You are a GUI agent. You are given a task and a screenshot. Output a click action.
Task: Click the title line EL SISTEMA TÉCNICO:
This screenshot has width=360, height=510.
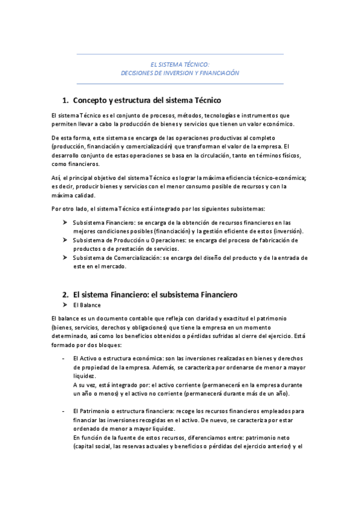pyautogui.click(x=180, y=63)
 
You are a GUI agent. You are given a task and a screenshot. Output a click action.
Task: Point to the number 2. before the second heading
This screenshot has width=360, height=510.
pyautogui.click(x=66, y=295)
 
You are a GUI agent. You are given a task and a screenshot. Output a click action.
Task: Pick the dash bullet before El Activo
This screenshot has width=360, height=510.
pyautogui.click(x=64, y=358)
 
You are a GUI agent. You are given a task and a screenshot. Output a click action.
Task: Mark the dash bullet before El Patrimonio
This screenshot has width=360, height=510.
pyautogui.click(x=64, y=411)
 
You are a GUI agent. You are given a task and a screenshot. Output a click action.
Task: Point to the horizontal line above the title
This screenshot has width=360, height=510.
pyautogui.click(x=180, y=55)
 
